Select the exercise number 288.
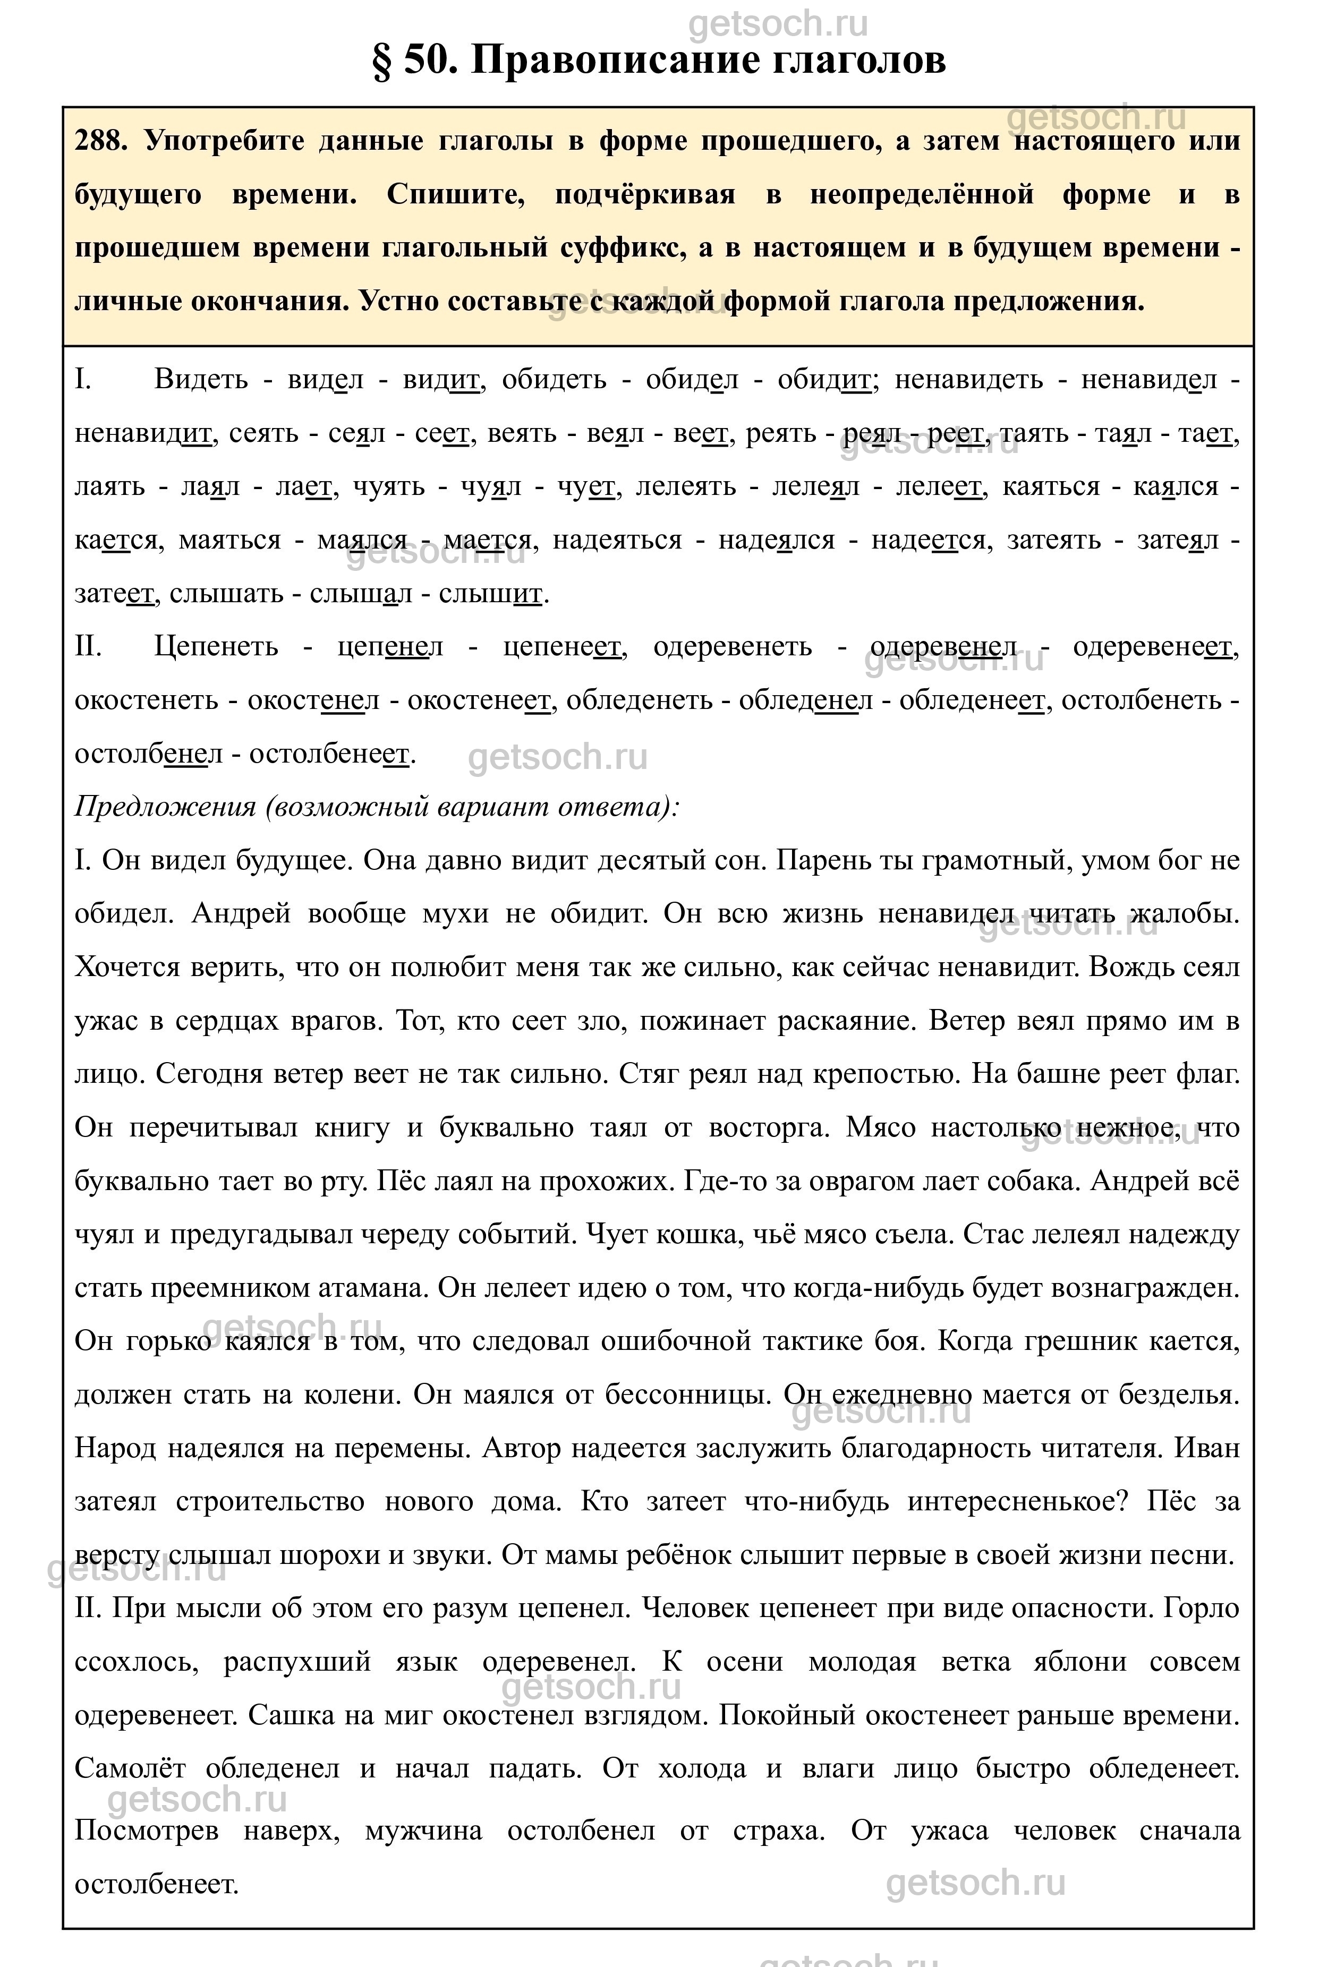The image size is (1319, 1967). click(x=100, y=140)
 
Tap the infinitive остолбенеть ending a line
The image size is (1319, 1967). click(x=1142, y=700)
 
